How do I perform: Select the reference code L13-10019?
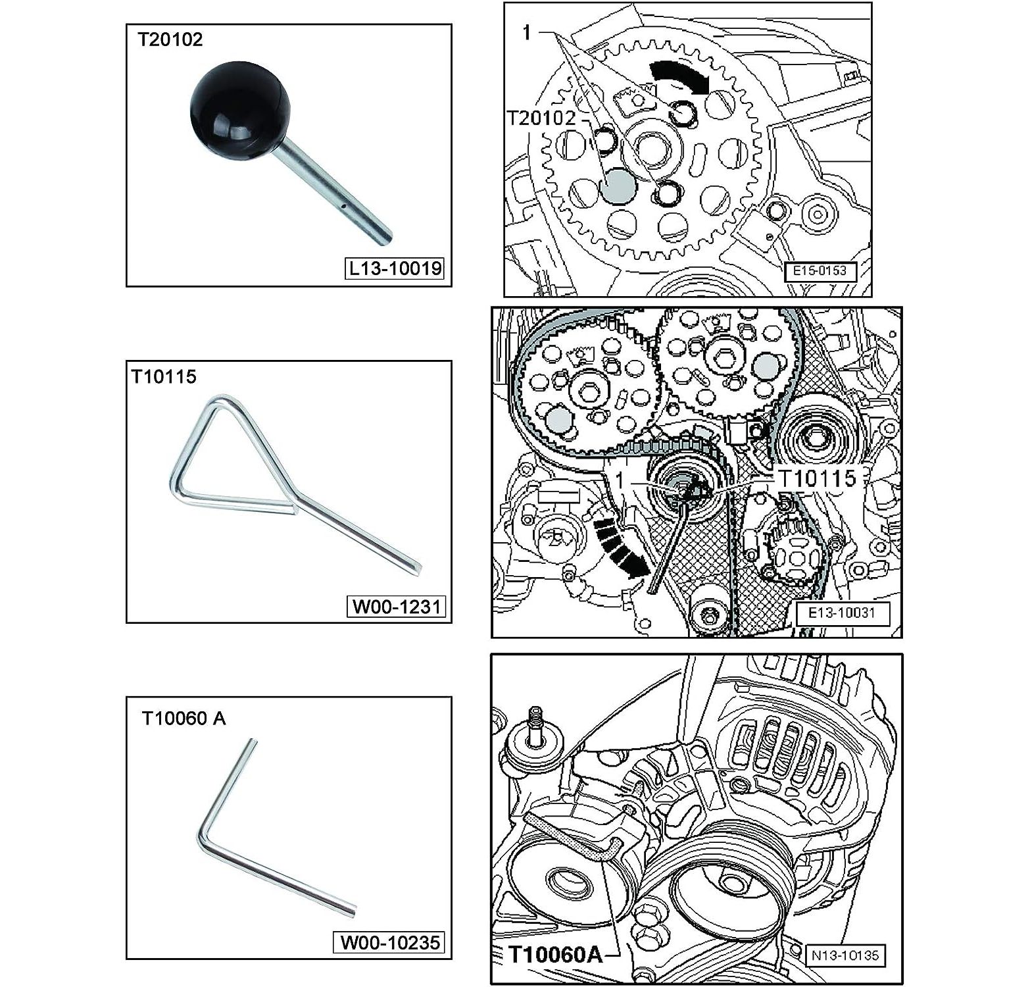coord(395,268)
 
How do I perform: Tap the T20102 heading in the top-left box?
coord(170,39)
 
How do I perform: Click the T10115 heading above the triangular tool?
coord(164,376)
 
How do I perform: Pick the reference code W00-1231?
coord(396,606)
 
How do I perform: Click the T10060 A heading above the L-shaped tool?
coord(184,718)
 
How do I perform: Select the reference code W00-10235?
coord(389,942)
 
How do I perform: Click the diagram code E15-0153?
coord(820,270)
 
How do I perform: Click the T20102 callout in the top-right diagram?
coord(541,118)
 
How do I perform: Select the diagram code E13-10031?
coord(842,613)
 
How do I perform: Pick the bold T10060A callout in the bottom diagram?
coord(556,954)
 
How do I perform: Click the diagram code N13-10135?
coord(845,955)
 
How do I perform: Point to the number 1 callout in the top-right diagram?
coord(526,32)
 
